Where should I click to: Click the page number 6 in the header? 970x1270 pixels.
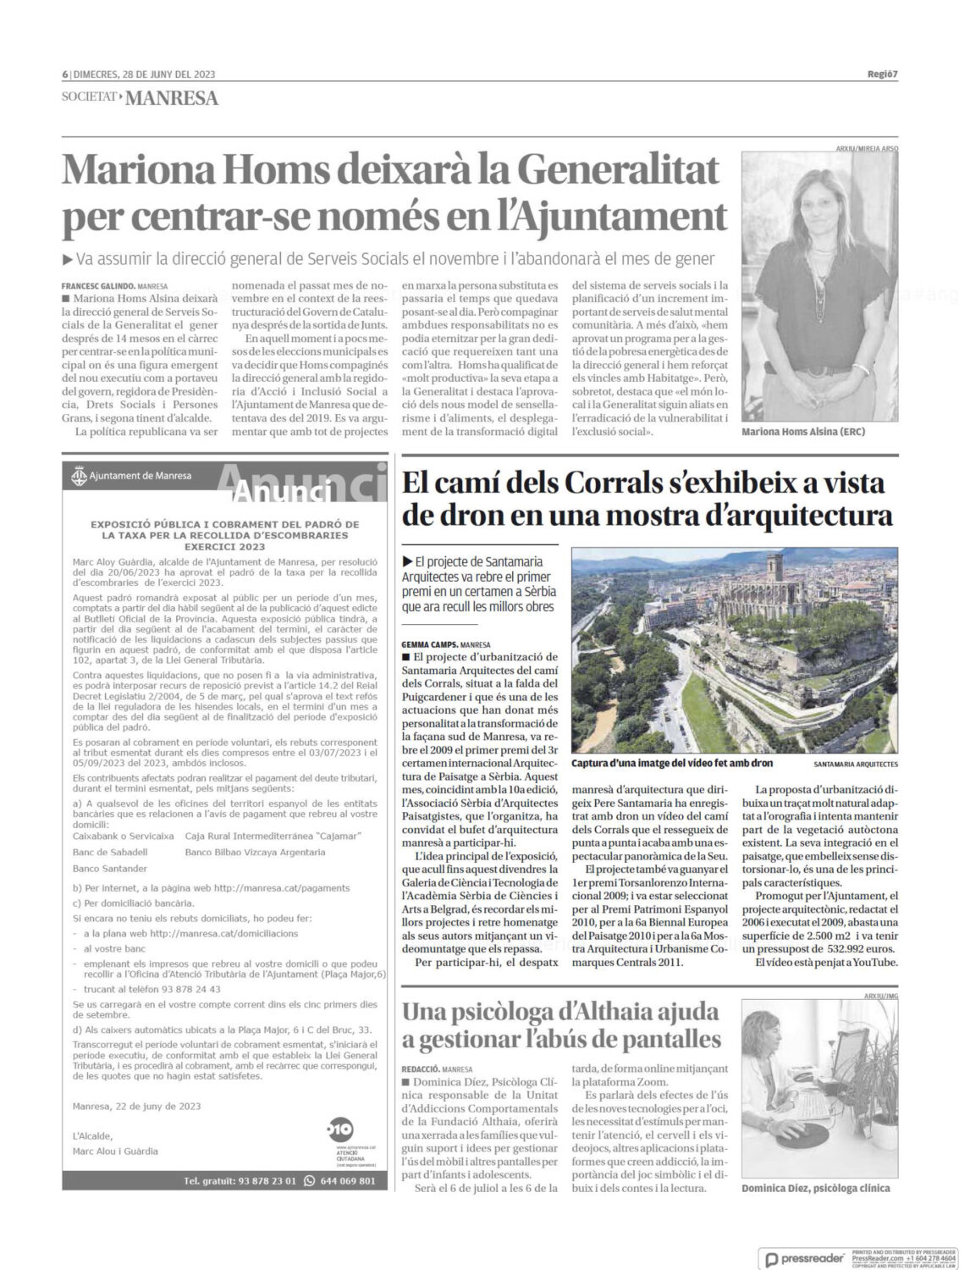(64, 74)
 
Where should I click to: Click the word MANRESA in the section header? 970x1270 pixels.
(172, 98)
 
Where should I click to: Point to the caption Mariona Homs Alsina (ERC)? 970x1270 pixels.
(803, 431)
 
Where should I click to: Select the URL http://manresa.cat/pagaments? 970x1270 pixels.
(280, 887)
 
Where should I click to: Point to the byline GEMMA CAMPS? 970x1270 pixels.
(432, 644)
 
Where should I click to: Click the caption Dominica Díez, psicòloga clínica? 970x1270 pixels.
(815, 1188)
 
